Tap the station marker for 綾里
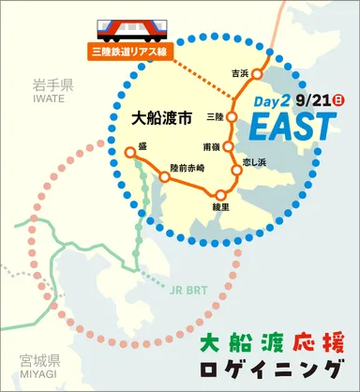coord(221,194)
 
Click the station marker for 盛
coord(129,151)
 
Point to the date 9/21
coord(310,98)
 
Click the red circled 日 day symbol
coord(338,98)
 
